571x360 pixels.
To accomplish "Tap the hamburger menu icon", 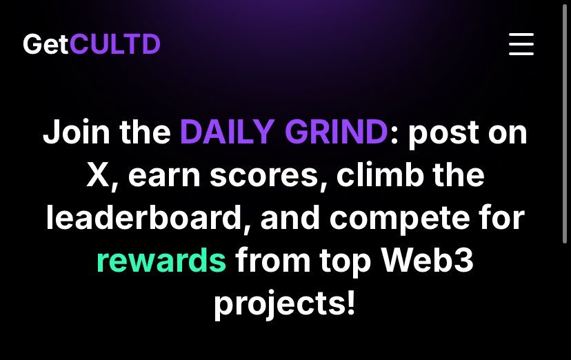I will coord(521,44).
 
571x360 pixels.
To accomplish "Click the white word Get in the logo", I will coord(46,45).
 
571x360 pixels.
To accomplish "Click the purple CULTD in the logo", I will coord(114,45).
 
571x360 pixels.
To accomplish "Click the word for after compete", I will coord(502,218).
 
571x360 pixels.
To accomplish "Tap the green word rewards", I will coord(161,261).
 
